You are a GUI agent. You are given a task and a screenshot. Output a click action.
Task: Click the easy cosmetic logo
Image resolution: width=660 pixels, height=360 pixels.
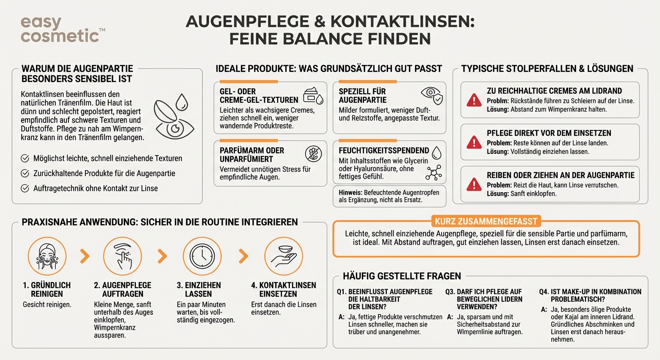pyautogui.click(x=60, y=29)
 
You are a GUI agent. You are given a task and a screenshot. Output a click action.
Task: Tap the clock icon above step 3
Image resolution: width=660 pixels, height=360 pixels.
pyautogui.click(x=202, y=256)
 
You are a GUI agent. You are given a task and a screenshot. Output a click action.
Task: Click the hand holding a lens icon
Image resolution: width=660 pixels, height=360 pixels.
pyautogui.click(x=284, y=256)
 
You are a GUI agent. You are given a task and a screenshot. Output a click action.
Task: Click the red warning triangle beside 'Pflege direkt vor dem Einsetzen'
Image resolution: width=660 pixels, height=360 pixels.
pyautogui.click(x=474, y=141)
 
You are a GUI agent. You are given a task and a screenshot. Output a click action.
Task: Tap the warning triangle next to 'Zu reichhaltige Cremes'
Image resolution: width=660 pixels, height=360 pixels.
pyautogui.click(x=474, y=99)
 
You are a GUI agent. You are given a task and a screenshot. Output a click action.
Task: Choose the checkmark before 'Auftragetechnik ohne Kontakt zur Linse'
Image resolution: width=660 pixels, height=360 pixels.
pyautogui.click(x=25, y=188)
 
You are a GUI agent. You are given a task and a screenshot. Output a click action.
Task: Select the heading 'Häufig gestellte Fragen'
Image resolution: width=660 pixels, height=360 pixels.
pyautogui.click(x=402, y=276)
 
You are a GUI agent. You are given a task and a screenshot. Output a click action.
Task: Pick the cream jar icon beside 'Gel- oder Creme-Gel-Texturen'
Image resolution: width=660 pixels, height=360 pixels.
pyautogui.click(x=313, y=96)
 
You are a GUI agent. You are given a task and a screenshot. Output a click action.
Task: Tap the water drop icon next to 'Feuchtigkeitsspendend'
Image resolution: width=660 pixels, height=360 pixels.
pyautogui.click(x=436, y=152)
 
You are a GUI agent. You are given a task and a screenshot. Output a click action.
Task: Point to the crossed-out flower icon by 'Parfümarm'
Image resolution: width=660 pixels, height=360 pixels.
pyautogui.click(x=313, y=153)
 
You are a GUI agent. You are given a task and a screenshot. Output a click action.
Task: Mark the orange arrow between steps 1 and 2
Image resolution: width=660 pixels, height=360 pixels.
pyautogui.click(x=84, y=256)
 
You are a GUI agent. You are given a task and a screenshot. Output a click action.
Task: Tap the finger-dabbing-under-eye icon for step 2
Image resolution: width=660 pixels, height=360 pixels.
pyautogui.click(x=122, y=256)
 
